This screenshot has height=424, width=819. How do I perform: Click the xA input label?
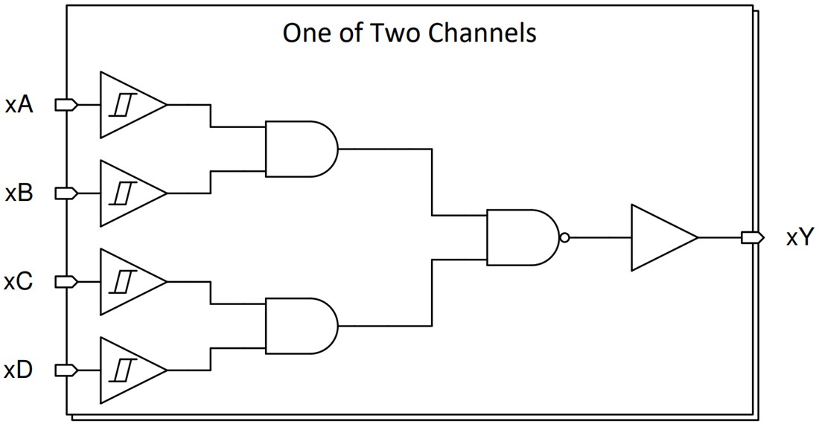[x=19, y=105]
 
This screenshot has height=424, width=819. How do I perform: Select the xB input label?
[x=19, y=193]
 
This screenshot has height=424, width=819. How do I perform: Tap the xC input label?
[x=19, y=282]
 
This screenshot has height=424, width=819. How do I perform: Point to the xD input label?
[x=19, y=370]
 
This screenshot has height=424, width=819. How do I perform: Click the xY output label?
[x=801, y=238]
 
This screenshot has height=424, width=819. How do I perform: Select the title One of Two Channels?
[x=409, y=33]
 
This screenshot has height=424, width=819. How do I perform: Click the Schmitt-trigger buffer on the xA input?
[x=127, y=105]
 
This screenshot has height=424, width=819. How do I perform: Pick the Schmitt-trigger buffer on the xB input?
[x=127, y=193]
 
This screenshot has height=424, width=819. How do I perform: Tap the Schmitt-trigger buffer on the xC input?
[x=127, y=282]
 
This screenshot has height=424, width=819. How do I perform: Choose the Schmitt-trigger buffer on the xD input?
[x=127, y=370]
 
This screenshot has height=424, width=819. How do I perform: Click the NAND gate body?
[x=520, y=237]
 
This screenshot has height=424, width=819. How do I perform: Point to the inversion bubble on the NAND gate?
[x=564, y=238]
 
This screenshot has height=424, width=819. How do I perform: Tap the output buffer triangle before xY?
[x=659, y=238]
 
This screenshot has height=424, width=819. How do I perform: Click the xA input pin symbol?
[x=67, y=105]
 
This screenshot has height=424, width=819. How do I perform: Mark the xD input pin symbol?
[x=67, y=370]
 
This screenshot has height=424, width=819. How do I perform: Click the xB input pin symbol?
[x=67, y=193]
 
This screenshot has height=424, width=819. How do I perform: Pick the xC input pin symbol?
[x=67, y=282]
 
